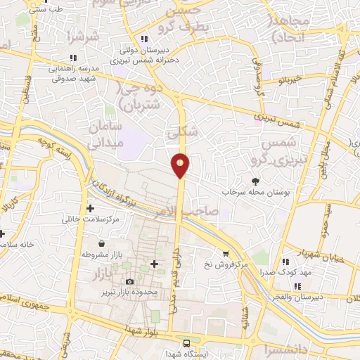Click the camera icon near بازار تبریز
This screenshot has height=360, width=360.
pos(129,282)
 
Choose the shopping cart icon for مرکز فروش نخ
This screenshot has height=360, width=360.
pos(226,254)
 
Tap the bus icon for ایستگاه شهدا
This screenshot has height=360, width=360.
pos(186,343)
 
